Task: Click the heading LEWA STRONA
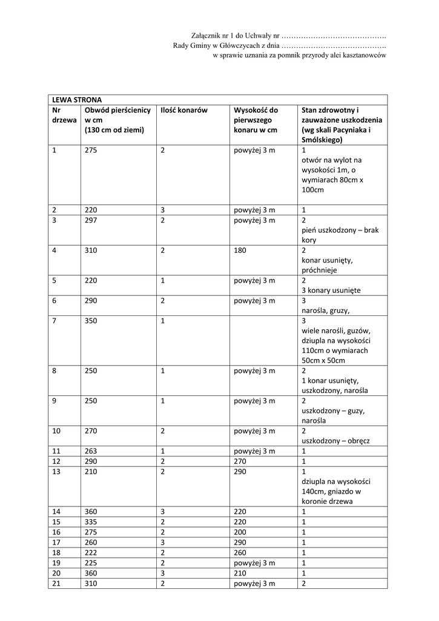coord(77,99)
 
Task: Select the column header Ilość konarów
coord(184,110)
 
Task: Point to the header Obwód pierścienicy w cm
coord(117,120)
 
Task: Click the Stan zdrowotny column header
coord(342,125)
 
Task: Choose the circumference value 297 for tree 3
coord(91,220)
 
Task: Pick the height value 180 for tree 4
coord(240,250)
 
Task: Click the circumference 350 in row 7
coord(91,320)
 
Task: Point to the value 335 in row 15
coord(91,522)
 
